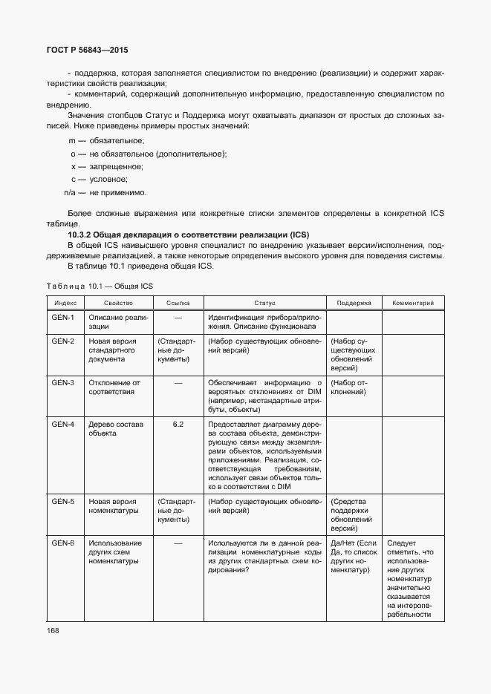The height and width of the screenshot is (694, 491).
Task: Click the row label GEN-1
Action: coord(62,318)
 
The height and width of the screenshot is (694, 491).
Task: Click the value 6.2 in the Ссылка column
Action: coord(178,424)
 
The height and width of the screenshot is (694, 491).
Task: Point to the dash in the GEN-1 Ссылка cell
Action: coord(178,318)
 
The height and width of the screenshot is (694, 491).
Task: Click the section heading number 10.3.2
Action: coord(84,235)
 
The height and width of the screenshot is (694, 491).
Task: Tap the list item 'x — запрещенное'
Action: coord(107,166)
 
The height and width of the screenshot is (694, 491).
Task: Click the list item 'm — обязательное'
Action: coord(106,140)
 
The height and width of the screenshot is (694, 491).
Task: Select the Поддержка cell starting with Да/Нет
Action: coord(354,557)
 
